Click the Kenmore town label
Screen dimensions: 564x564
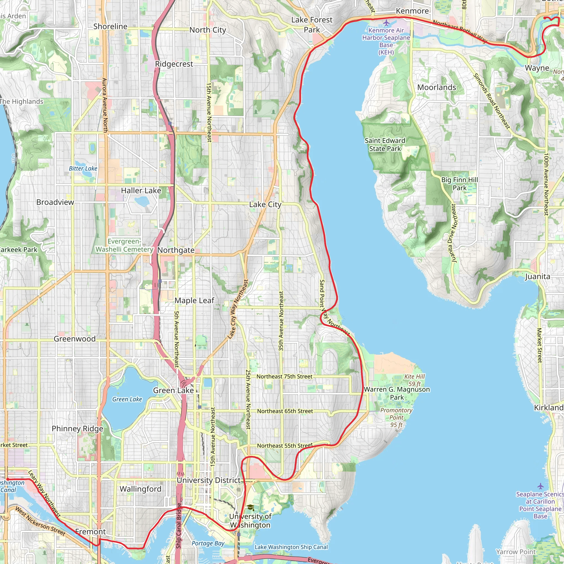point(412,11)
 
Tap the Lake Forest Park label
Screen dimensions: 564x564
point(312,25)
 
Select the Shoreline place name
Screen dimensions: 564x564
point(110,26)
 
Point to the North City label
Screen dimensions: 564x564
point(208,30)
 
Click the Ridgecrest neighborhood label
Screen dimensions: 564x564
point(174,64)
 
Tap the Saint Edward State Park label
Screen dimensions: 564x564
point(385,145)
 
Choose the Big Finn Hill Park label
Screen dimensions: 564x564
point(460,184)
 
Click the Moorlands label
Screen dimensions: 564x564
point(436,87)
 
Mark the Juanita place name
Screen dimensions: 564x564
point(538,276)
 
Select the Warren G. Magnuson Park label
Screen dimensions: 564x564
point(397,393)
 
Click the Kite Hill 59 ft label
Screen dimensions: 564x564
point(414,380)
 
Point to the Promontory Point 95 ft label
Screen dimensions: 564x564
point(396,417)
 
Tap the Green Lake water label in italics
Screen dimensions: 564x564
point(127,399)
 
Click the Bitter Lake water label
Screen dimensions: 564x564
point(83,169)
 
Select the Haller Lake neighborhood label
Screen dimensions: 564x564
point(141,191)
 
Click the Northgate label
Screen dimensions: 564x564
point(176,250)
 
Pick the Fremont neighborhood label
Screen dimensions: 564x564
point(91,532)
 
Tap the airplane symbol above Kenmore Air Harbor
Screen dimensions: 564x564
point(386,23)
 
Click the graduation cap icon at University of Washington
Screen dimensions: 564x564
point(250,508)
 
